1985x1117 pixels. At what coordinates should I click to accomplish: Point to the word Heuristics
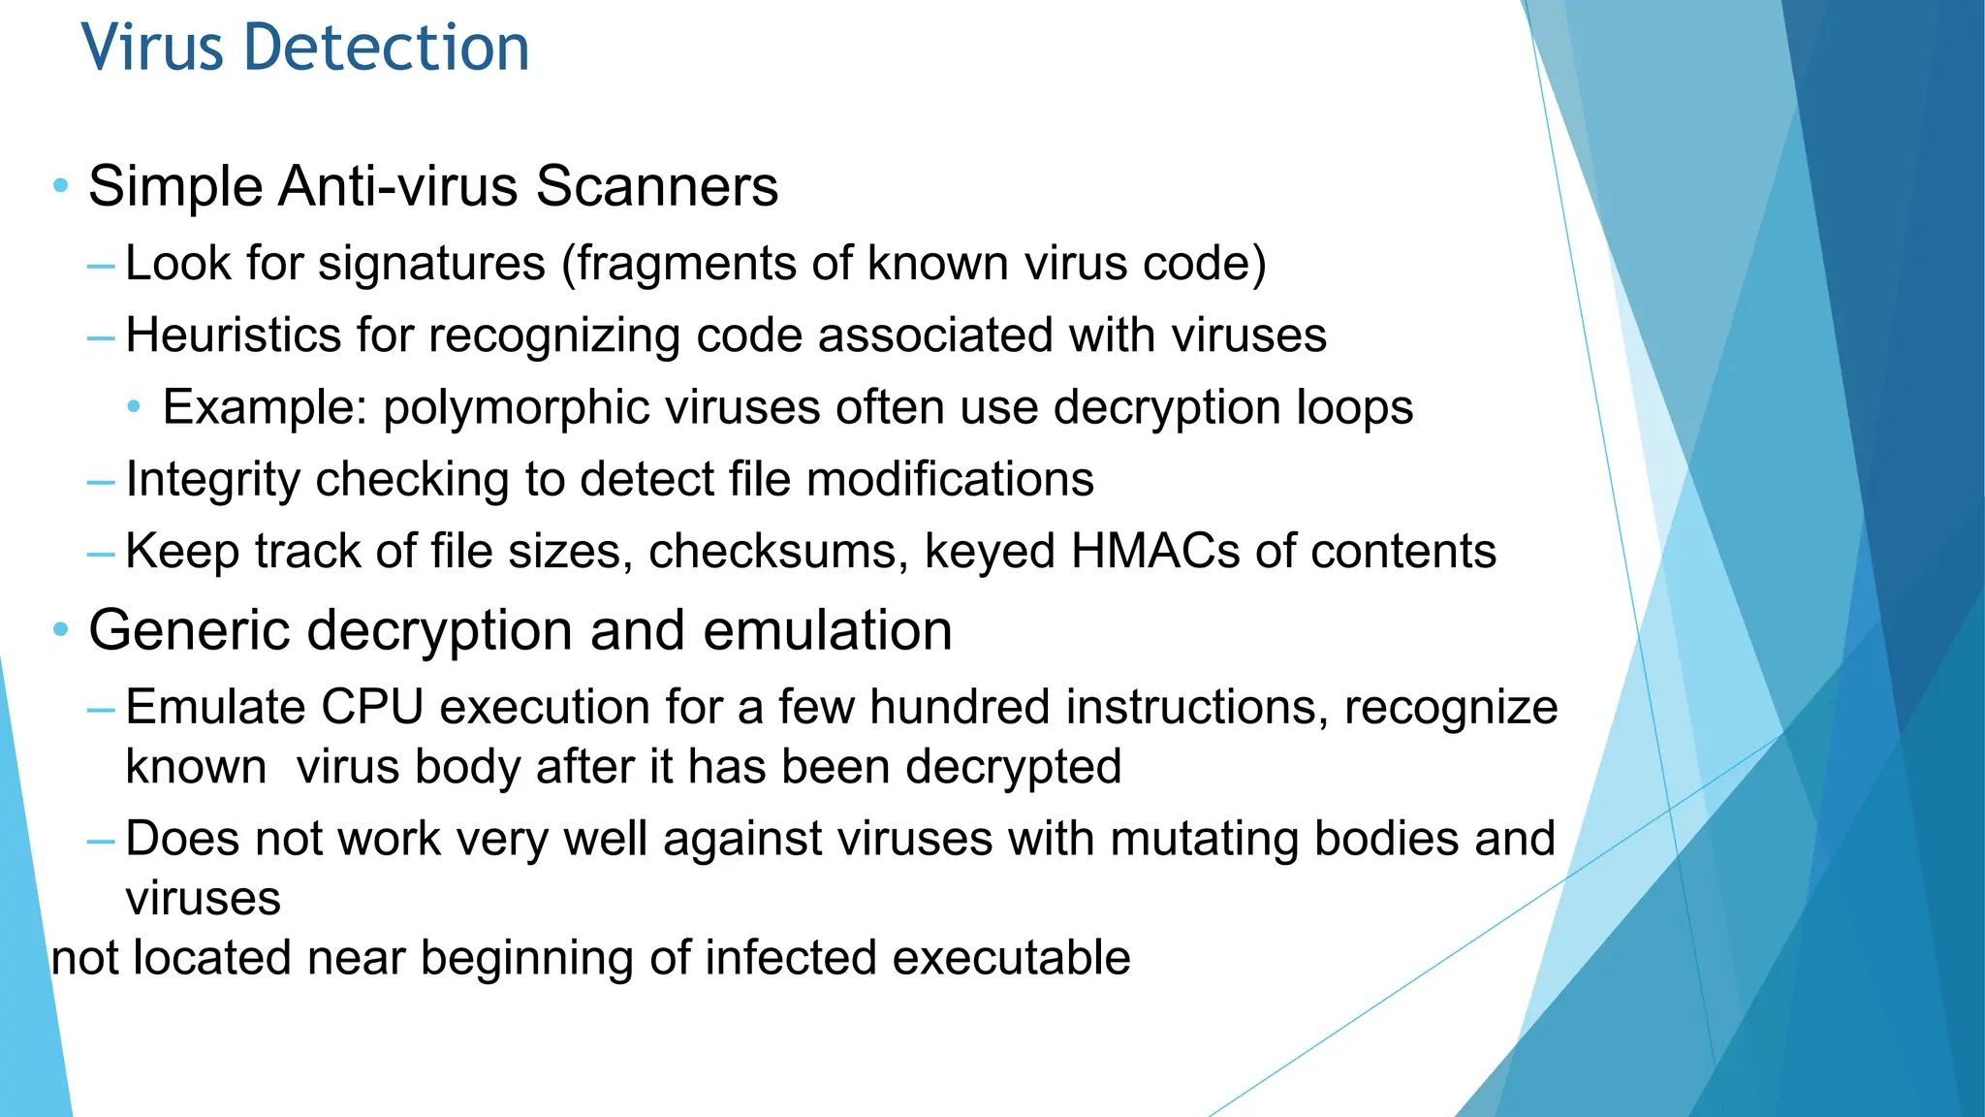[x=233, y=335]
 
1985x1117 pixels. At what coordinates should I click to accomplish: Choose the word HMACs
[x=1154, y=551]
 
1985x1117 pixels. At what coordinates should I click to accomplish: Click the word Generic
[x=190, y=630]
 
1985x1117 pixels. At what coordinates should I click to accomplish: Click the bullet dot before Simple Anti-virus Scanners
[x=61, y=185]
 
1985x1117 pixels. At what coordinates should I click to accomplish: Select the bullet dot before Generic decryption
[x=61, y=630]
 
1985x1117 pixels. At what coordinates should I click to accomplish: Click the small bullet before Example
[x=135, y=406]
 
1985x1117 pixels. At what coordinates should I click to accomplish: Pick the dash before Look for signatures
[x=101, y=265]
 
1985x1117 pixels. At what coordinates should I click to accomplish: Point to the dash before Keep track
[x=101, y=553]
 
